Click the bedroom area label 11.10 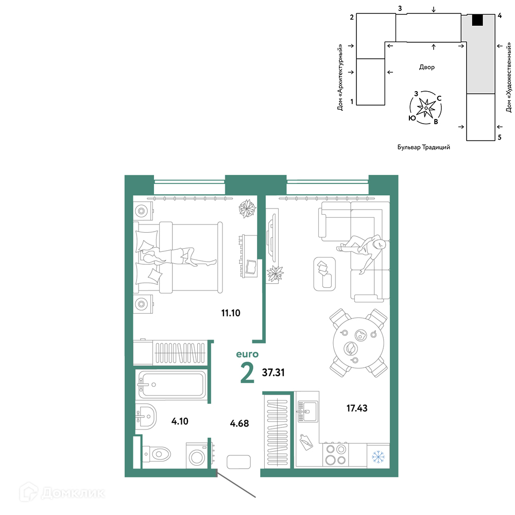point(231,313)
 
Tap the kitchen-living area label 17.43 point(357,408)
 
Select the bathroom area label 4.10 point(180,421)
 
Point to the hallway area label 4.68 point(239,423)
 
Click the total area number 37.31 point(273,372)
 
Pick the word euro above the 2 point(247,354)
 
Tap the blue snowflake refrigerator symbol point(378,457)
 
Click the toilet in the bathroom point(157,454)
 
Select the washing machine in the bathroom point(197,456)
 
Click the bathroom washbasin point(146,417)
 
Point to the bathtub point(171,385)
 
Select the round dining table point(358,343)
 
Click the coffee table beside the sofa point(324,274)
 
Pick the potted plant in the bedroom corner point(247,209)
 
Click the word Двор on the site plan point(426,67)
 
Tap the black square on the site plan point(477,20)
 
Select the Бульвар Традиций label point(424,147)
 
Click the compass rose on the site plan point(426,108)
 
